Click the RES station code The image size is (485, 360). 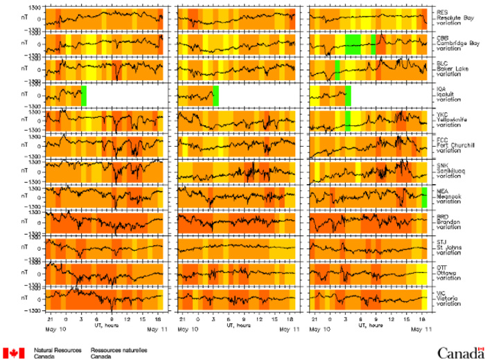tap(440, 12)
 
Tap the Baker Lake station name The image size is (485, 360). tap(451, 69)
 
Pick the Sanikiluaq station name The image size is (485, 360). tap(451, 170)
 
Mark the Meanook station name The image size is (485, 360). tap(448, 196)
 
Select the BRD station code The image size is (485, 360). tap(441, 216)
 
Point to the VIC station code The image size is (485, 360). tap(440, 292)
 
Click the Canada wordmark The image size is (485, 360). tap(458, 352)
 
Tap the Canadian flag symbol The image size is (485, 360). tap(14, 352)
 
